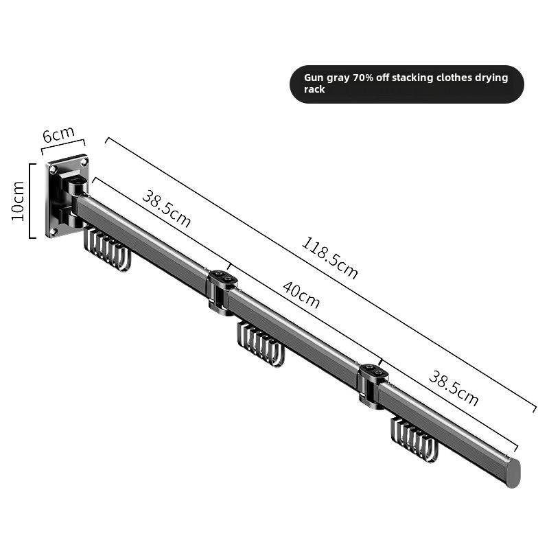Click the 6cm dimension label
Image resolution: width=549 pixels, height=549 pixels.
tap(58, 134)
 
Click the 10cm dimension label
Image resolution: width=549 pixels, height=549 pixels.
tap(19, 200)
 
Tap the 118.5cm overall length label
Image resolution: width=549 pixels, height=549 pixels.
tap(329, 258)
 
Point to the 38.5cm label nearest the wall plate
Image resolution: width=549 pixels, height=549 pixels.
tap(166, 208)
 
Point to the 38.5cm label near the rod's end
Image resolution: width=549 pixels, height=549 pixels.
tap(453, 388)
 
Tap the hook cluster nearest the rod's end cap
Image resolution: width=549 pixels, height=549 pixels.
tap(414, 439)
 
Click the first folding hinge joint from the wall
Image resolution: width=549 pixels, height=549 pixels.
tap(222, 291)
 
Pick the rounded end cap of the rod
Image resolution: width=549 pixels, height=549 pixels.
tap(512, 473)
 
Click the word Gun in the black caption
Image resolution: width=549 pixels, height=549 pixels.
tap(314, 78)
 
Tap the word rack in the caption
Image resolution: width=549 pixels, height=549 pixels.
tap(314, 90)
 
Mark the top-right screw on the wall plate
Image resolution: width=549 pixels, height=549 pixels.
tap(83, 163)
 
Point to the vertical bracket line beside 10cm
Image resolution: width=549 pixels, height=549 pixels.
tap(32, 200)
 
